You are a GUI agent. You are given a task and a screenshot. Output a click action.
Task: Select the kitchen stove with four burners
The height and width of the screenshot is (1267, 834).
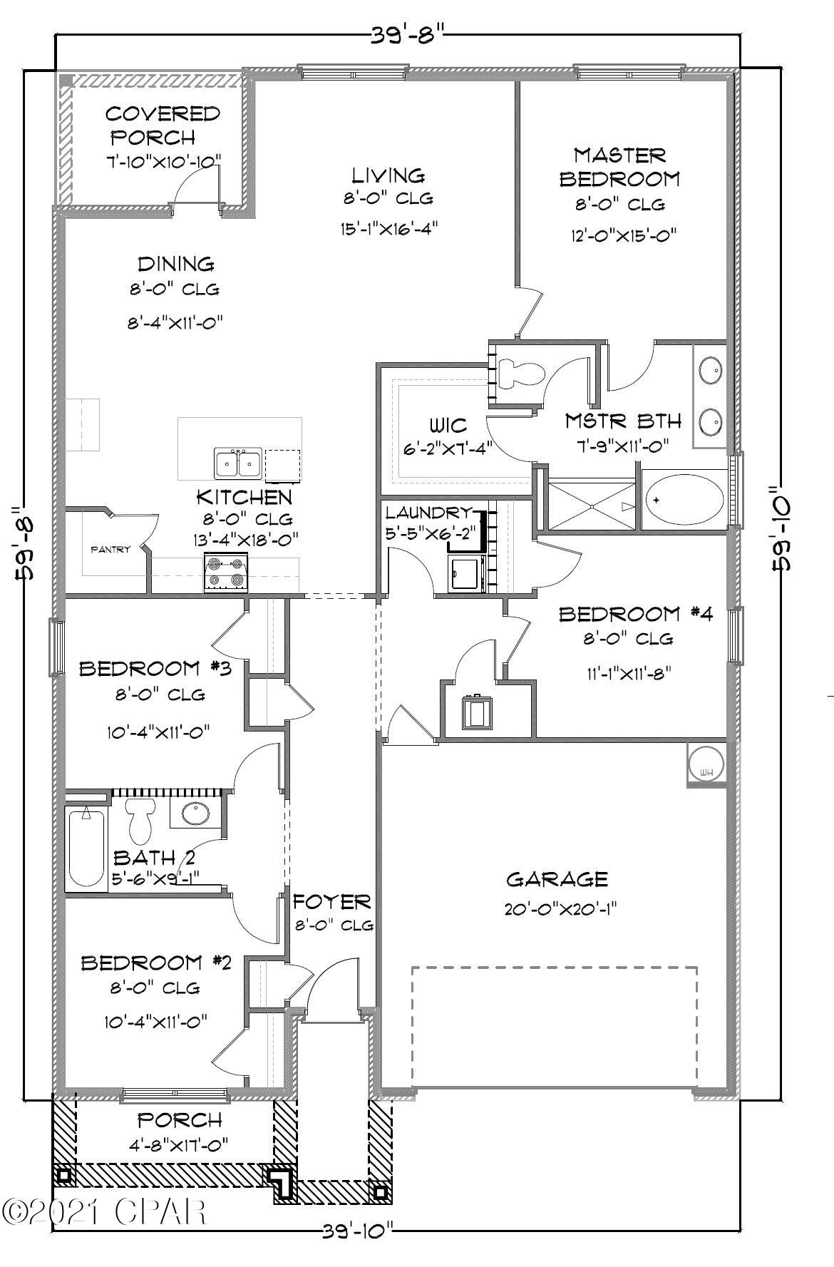coord(226,573)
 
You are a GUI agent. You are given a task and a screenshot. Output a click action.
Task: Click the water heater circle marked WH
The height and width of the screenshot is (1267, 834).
coord(706,764)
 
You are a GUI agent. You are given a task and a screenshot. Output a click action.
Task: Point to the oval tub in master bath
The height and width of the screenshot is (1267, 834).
coord(684,498)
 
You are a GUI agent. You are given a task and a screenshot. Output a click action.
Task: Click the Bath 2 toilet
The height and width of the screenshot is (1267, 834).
coord(140,820)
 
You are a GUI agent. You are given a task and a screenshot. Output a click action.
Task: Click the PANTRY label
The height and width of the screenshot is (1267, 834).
coord(110,549)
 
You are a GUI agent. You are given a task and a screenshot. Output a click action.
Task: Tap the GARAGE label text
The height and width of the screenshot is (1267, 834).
coord(557,879)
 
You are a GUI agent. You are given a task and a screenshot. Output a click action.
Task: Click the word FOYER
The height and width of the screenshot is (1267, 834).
coord(332,902)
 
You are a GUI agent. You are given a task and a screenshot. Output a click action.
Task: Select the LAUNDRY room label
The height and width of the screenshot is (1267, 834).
coord(428,513)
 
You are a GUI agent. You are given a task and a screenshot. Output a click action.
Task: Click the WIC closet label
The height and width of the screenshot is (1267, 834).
coord(448,426)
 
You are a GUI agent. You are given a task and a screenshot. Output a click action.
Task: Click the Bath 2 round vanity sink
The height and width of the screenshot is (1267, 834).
coord(194,813)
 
